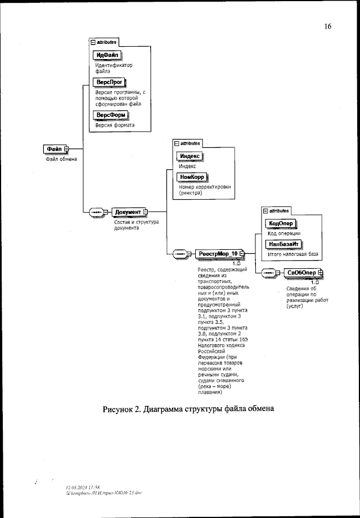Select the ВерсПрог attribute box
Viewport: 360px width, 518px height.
click(x=110, y=82)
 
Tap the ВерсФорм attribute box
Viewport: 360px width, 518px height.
click(x=111, y=115)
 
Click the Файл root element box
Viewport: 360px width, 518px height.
click(x=55, y=148)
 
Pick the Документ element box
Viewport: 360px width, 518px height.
click(x=128, y=212)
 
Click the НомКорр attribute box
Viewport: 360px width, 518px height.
click(x=191, y=177)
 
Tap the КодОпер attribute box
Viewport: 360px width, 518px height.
click(x=279, y=223)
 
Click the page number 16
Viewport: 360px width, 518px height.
click(x=328, y=26)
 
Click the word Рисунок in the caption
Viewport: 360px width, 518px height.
click(x=119, y=409)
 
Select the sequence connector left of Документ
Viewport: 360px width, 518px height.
click(x=96, y=212)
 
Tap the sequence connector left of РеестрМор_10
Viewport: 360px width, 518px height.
click(x=180, y=254)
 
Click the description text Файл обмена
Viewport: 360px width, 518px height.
click(x=61, y=159)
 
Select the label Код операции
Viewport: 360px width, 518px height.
click(x=283, y=233)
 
